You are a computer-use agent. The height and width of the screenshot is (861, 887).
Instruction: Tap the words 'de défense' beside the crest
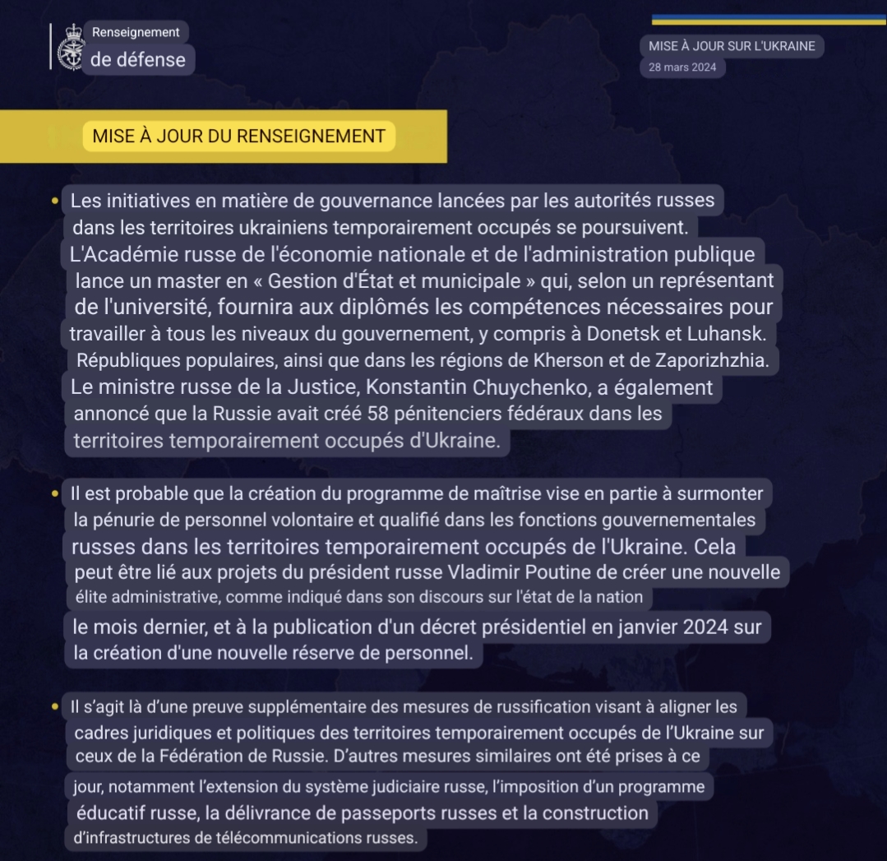[138, 59]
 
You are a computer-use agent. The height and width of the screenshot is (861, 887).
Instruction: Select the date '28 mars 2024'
[682, 67]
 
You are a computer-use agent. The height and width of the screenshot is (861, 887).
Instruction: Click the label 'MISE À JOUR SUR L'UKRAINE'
[732, 46]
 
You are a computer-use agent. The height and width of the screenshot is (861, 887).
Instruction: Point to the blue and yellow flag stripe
[768, 20]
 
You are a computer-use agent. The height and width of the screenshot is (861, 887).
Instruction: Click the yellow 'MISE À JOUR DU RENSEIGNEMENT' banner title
[238, 137]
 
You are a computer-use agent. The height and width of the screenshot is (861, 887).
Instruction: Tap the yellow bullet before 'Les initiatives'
[54, 201]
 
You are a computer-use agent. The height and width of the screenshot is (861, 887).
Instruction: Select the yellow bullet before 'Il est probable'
[54, 494]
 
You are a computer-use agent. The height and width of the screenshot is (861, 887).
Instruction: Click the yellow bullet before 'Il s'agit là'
[54, 706]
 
